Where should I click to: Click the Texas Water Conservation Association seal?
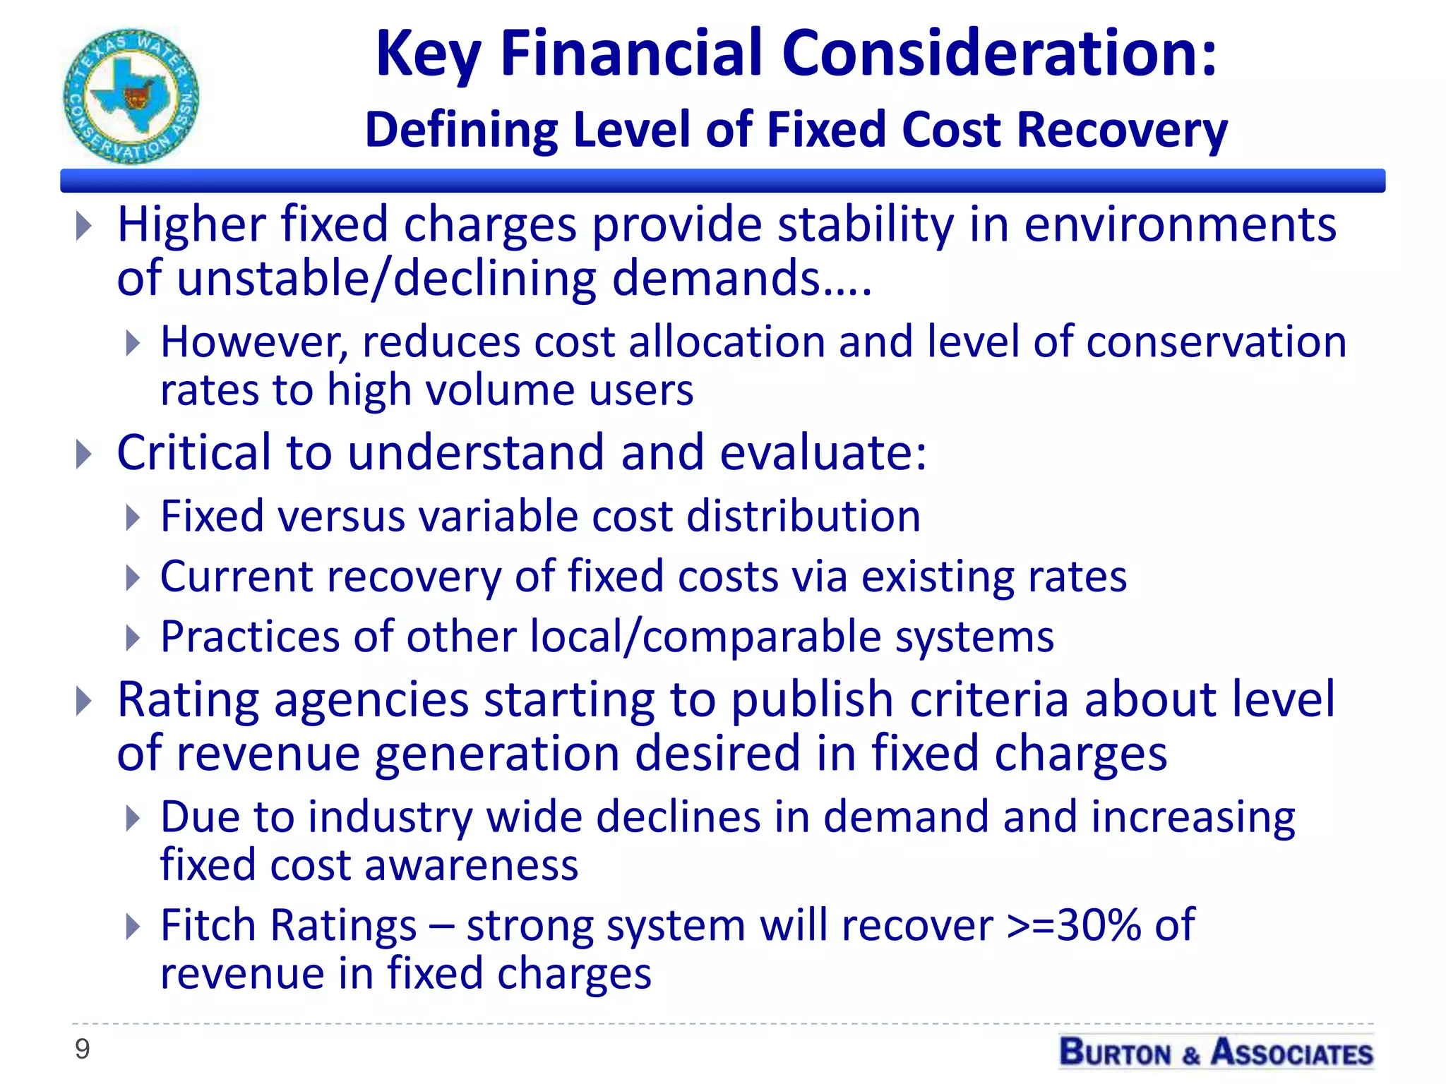coord(131,97)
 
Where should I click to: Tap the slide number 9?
coord(83,1049)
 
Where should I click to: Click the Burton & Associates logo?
coord(1216,1052)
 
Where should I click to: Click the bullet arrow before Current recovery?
coord(133,578)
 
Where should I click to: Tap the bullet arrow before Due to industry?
coord(133,819)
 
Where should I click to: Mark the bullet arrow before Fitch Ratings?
coord(133,927)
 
